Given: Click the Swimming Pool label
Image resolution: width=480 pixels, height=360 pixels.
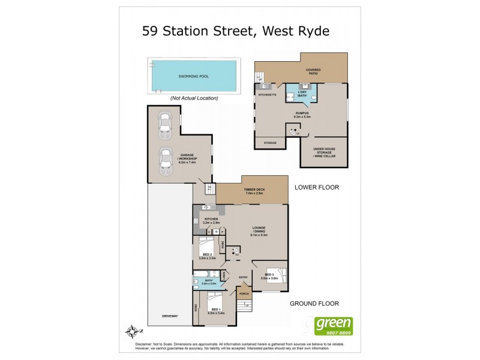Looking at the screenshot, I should coord(193,77).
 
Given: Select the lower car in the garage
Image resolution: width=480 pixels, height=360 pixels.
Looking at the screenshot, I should coord(164,161).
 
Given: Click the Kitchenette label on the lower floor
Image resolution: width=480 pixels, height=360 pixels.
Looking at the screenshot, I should coord(266,95).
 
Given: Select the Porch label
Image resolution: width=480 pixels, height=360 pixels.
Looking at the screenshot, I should coord(244,294).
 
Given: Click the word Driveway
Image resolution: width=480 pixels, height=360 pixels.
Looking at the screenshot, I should coord(170,316).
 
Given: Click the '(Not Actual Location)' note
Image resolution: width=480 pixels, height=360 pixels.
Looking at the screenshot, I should coord(194,98).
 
